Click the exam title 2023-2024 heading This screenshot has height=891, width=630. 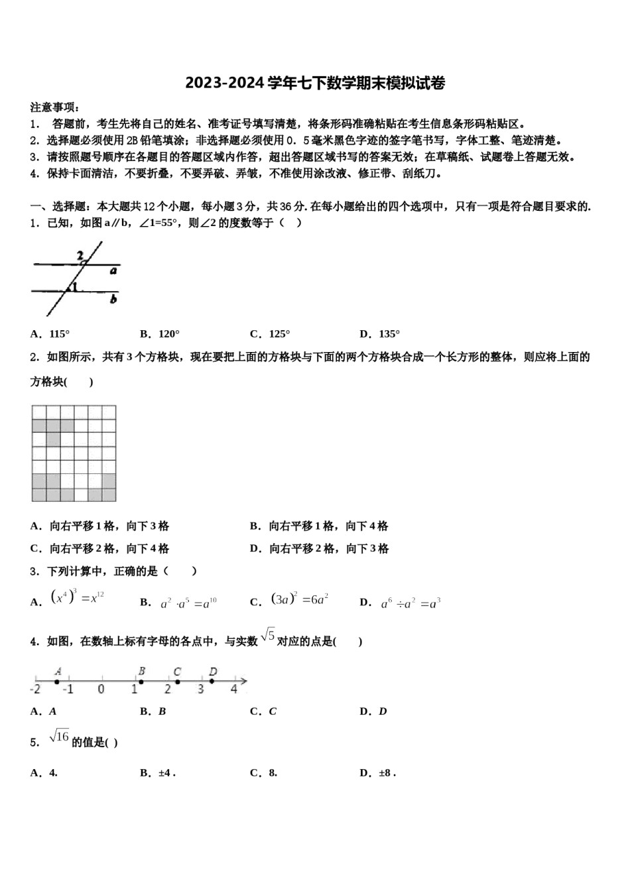coord(315,83)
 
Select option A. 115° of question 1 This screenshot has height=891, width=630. coord(50,334)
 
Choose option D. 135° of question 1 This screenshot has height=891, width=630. coord(379,334)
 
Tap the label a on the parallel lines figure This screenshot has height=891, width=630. coord(113,270)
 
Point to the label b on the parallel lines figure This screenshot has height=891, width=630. coord(113,299)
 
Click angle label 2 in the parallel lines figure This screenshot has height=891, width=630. coord(80,255)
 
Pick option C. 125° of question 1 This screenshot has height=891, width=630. coord(270,334)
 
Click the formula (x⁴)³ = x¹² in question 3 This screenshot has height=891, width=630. coord(77,598)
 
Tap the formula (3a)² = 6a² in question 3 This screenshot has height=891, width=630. coord(300,600)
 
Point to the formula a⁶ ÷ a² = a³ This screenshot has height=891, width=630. coord(410,603)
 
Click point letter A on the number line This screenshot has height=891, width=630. coord(58,672)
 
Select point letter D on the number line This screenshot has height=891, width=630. coord(212,672)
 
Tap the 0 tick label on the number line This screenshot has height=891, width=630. coord(101,689)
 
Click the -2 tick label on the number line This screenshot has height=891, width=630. coord(35,689)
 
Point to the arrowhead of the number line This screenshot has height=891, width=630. coord(244,681)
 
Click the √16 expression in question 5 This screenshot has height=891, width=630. coord(59,737)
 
